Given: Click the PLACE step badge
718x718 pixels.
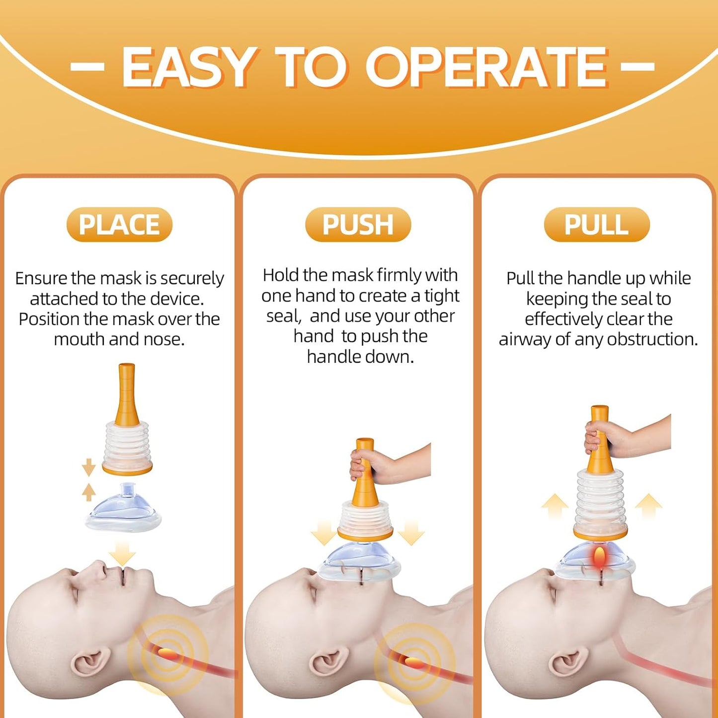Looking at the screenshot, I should (119, 225).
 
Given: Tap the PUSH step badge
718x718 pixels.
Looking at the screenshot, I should (358, 225).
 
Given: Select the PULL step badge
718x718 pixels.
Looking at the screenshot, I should (596, 225).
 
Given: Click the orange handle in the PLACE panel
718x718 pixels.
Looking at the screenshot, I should (127, 395).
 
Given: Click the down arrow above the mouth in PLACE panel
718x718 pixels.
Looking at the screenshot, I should (122, 553).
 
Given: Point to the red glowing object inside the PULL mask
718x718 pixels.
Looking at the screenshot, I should (600, 558).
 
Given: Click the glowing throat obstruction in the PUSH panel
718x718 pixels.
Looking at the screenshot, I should (413, 661).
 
